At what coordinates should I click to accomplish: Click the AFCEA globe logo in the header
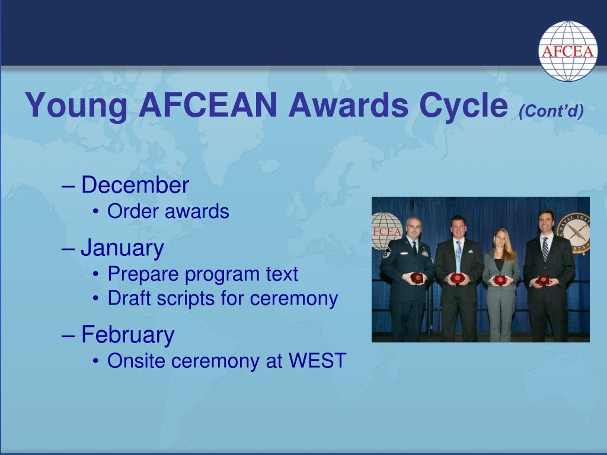pyautogui.click(x=567, y=51)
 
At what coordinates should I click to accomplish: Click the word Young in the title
pyautogui.click(x=76, y=105)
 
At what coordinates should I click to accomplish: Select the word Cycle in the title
pyautogui.click(x=464, y=105)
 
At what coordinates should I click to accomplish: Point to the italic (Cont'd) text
pyautogui.click(x=551, y=111)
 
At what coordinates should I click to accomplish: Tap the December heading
pyautogui.click(x=135, y=185)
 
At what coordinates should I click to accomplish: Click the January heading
pyautogui.click(x=122, y=248)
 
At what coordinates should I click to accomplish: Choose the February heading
pyautogui.click(x=128, y=335)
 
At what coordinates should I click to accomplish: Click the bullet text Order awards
pyautogui.click(x=168, y=212)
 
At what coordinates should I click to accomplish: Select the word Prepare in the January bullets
pyautogui.click(x=143, y=274)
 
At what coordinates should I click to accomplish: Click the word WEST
pyautogui.click(x=318, y=361)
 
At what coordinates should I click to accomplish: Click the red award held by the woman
pyautogui.click(x=500, y=280)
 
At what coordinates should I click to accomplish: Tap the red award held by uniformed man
pyautogui.click(x=417, y=278)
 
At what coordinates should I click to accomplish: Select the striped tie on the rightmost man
pyautogui.click(x=545, y=248)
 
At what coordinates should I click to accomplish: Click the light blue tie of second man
pyautogui.click(x=458, y=255)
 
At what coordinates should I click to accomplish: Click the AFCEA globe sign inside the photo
pyautogui.click(x=386, y=231)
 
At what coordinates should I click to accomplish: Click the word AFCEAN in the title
pyautogui.click(x=208, y=105)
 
